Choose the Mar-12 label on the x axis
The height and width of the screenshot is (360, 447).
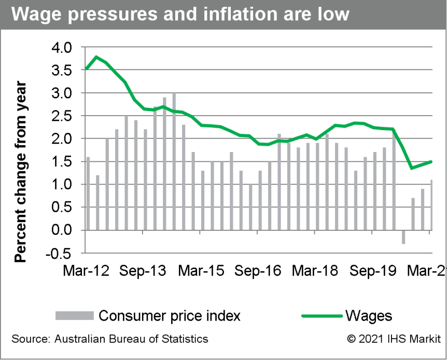(x=86, y=271)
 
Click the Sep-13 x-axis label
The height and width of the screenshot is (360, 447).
(x=143, y=271)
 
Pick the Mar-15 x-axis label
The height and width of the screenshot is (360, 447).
(x=201, y=271)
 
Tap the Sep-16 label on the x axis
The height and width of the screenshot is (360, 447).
(x=258, y=271)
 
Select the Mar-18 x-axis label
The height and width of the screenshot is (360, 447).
(x=315, y=271)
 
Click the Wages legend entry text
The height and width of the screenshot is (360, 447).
(x=368, y=315)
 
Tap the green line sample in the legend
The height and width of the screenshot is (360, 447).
(x=321, y=315)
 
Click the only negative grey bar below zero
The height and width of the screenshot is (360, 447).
(x=403, y=237)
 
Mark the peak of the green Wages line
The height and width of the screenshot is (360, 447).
(x=96, y=57)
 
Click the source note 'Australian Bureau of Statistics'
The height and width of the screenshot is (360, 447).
(x=109, y=339)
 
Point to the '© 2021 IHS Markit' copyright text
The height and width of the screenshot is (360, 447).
(x=390, y=339)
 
